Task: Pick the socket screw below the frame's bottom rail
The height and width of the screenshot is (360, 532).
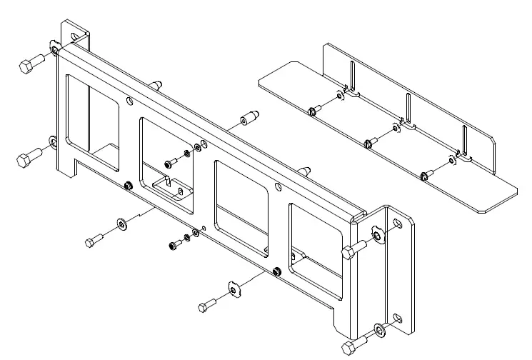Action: pyautogui.click(x=174, y=246)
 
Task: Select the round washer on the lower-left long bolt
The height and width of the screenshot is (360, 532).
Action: pyautogui.click(x=121, y=226)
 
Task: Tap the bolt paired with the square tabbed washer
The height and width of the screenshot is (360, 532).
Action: pyautogui.click(x=206, y=306)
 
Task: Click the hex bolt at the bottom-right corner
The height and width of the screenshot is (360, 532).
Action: pyautogui.click(x=350, y=348)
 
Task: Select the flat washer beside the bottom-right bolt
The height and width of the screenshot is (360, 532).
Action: pyautogui.click(x=378, y=331)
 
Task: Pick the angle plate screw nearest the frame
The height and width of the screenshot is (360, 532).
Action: pyautogui.click(x=313, y=111)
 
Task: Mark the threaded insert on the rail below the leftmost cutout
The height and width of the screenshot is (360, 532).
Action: pyautogui.click(x=127, y=186)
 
